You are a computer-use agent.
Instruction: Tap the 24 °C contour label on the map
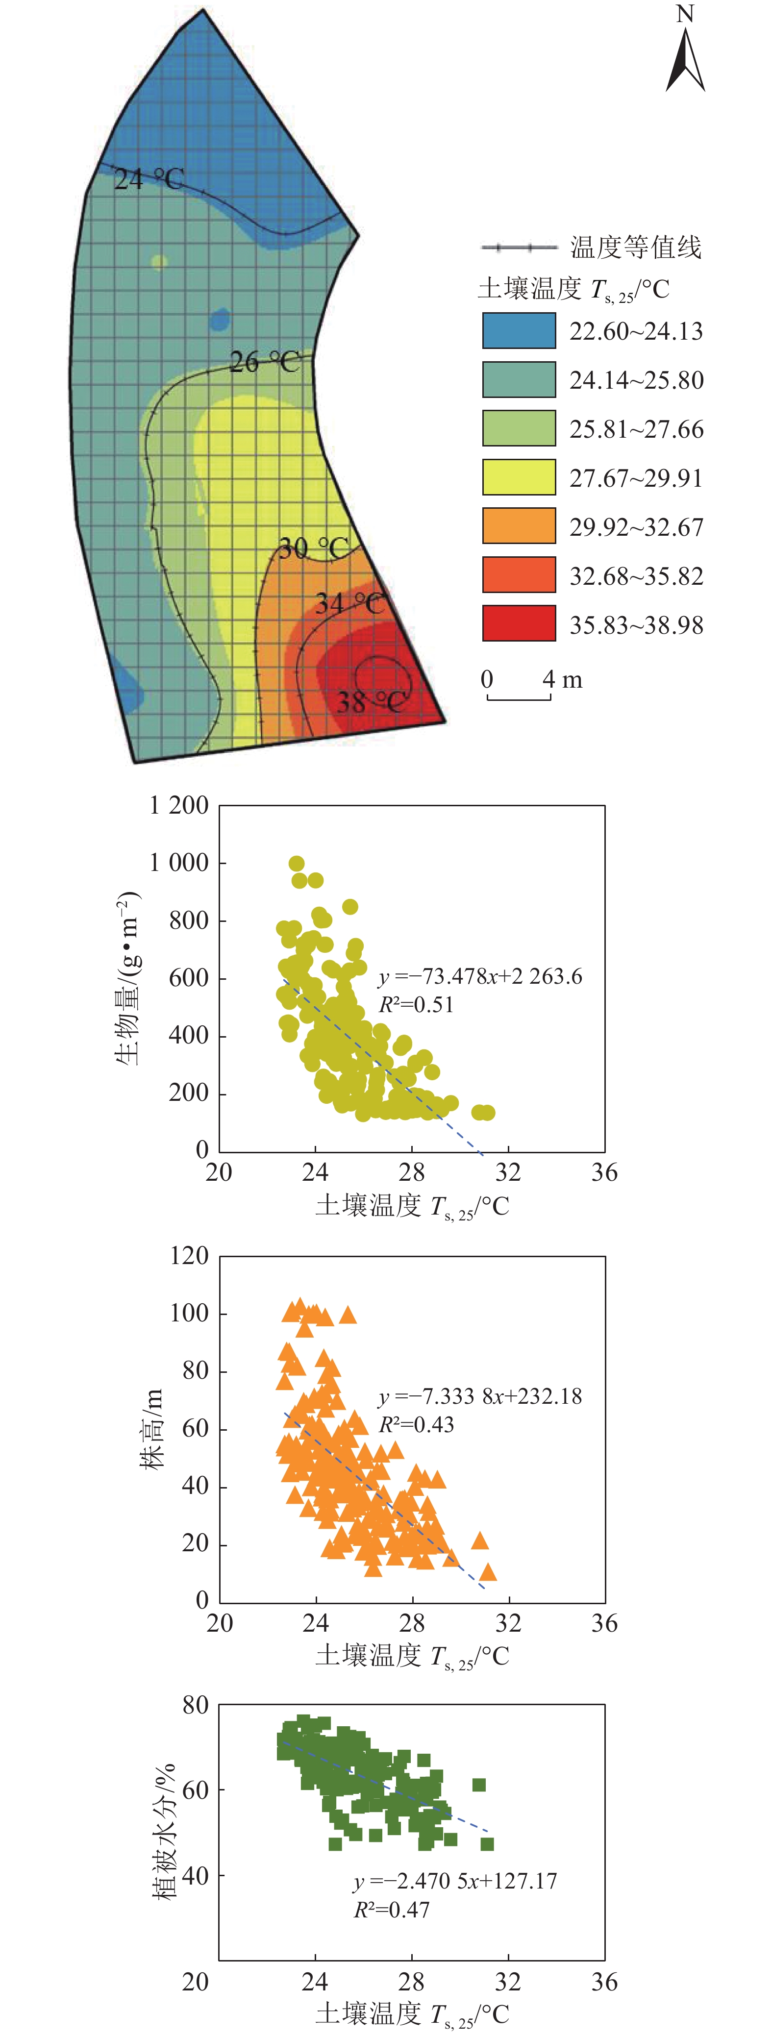149,179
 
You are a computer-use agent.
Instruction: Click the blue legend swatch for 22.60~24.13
519,330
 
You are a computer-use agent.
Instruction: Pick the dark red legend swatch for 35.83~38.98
519,624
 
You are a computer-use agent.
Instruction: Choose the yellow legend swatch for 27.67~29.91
519,477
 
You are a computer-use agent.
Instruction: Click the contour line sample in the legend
519,248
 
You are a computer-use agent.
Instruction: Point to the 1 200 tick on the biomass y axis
179,806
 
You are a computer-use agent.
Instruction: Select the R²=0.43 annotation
416,1424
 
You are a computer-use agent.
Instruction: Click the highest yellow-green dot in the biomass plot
297,864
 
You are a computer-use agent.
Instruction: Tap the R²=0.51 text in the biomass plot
416,1005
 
